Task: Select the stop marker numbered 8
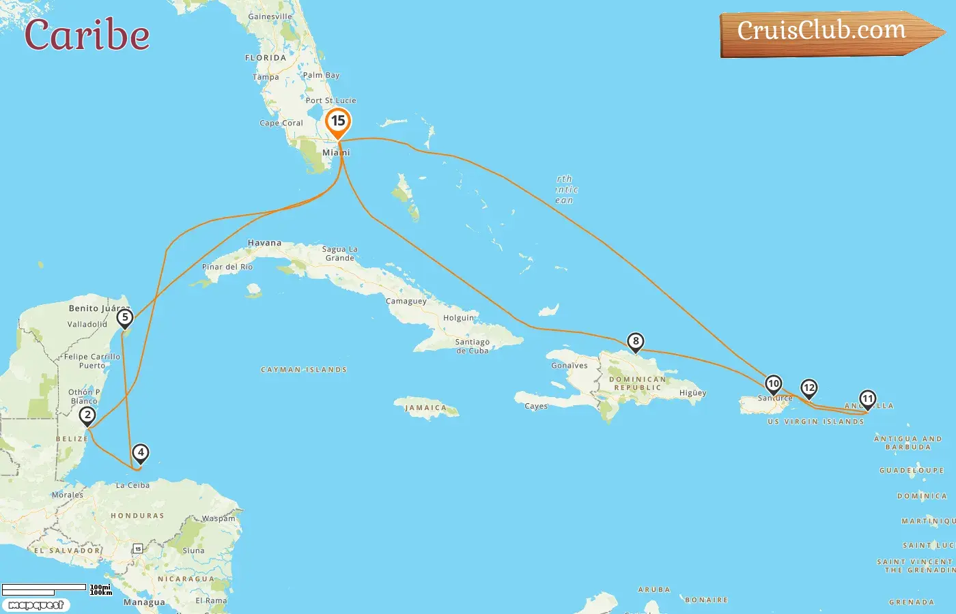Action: point(636,341)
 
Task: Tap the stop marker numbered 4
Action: point(140,452)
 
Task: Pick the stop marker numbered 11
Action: point(867,398)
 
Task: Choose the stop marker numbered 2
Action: point(87,415)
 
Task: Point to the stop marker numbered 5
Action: point(124,317)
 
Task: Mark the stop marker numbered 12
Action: point(809,388)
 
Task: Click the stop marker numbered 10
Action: point(773,383)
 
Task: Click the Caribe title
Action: point(87,35)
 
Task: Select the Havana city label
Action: point(264,243)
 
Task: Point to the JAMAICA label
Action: point(425,408)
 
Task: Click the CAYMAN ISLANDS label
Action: point(304,370)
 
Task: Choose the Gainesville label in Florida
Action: point(270,16)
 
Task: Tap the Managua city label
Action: point(144,602)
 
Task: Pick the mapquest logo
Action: point(36,605)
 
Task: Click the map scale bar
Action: point(44,589)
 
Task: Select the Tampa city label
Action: point(266,77)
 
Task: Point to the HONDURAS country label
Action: point(137,516)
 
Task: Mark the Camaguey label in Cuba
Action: point(406,301)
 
